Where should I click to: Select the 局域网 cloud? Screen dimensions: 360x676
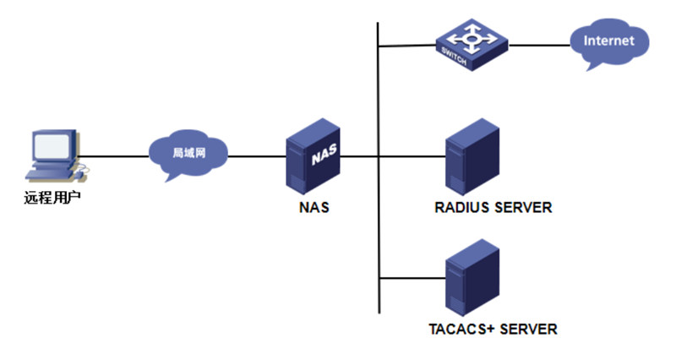click(188, 153)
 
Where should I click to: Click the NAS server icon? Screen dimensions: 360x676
click(313, 155)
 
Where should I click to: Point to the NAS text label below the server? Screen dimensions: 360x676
click(313, 206)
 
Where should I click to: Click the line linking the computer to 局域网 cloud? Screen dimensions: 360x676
click(114, 155)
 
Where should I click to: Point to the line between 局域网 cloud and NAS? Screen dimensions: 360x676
click(258, 155)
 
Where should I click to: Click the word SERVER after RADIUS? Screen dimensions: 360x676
click(525, 207)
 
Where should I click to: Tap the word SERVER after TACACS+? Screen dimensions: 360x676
click(530, 329)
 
